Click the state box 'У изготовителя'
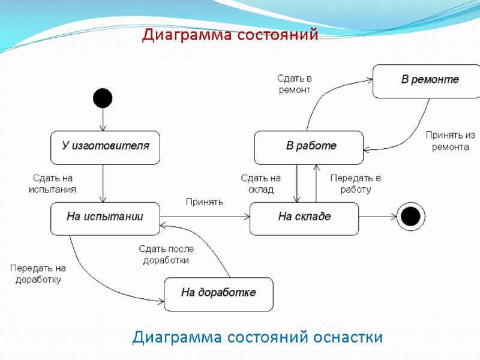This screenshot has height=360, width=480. coord(105,148)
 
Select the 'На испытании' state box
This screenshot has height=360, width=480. coord(105,218)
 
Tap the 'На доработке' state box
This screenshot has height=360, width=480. coord(218,294)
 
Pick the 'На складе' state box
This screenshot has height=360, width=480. coord(304,218)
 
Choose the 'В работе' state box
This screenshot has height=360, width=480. coord(309,148)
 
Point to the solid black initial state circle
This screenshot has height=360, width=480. coord(103,97)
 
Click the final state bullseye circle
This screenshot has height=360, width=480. coord(410,216)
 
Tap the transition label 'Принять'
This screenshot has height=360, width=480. coord(204,202)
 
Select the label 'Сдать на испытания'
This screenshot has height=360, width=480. coord(53,184)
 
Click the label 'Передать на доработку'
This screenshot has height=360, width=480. coord(38,274)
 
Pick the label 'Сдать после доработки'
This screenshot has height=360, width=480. coord(166,254)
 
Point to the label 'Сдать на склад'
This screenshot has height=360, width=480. coord(260,184)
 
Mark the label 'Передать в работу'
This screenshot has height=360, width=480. coord(356,184)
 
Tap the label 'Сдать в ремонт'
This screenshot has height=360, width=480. coord(294,84)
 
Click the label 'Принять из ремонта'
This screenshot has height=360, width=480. coord(450,140)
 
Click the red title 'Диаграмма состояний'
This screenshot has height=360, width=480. coord(230,36)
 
